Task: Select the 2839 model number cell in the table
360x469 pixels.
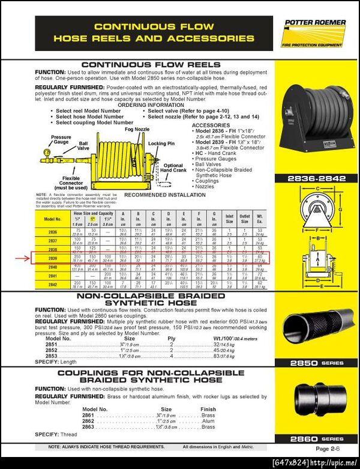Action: (x=52, y=259)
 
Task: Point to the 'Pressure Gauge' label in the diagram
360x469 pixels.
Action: (x=61, y=141)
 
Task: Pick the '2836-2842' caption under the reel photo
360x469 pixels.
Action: (x=316, y=179)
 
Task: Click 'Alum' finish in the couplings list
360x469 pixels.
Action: (x=208, y=421)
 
